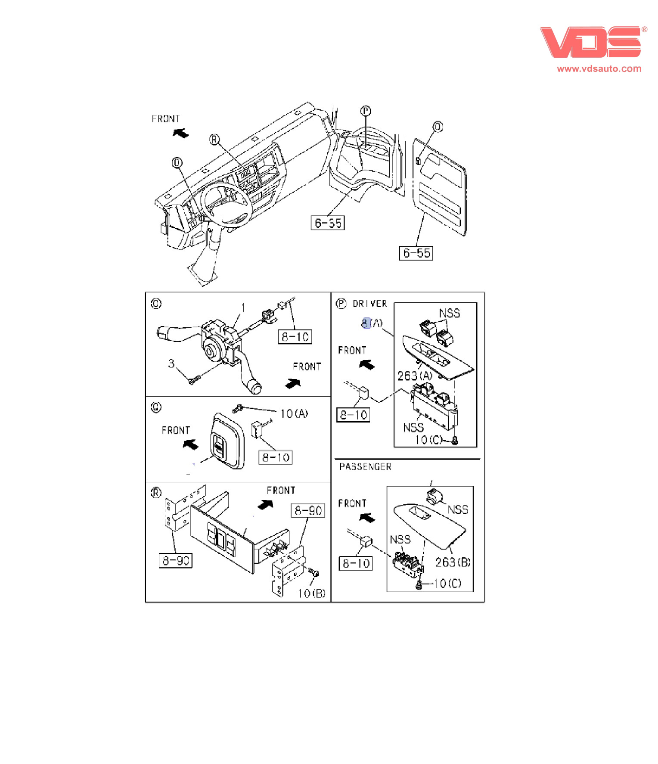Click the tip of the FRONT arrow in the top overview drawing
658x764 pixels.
tap(173, 131)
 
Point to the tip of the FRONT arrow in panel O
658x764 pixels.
tap(301, 380)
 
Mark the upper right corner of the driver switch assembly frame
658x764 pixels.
tap(477, 302)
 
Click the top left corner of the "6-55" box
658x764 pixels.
tap(400, 246)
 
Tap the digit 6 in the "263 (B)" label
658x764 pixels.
tap(444, 562)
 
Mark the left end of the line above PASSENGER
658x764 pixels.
tap(335, 459)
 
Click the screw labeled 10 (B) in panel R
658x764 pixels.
tap(314, 573)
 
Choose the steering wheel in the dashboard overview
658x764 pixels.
tap(227, 203)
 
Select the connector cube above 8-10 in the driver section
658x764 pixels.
tap(363, 392)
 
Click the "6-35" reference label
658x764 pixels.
tap(328, 223)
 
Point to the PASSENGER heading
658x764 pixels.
tap(365, 467)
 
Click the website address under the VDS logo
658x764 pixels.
tap(599, 68)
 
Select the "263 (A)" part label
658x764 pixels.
tap(415, 376)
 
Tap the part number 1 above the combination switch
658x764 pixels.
tap(243, 307)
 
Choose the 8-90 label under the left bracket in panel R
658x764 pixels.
tap(176, 560)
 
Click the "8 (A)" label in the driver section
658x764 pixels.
tap(372, 323)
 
